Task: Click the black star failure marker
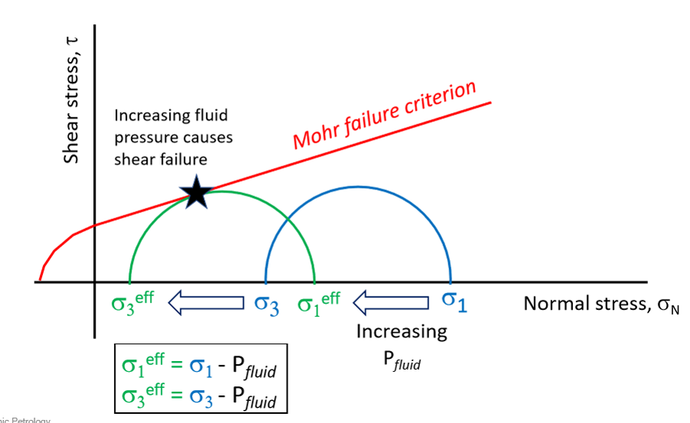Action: (197, 193)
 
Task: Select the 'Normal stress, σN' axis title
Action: (600, 304)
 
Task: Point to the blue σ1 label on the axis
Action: (453, 301)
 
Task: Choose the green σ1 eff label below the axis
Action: (318, 302)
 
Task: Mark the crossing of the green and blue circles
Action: (288, 221)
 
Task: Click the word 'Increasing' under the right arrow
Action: (402, 332)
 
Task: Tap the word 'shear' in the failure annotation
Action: (137, 159)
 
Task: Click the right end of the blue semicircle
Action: (451, 281)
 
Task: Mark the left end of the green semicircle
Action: (129, 281)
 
